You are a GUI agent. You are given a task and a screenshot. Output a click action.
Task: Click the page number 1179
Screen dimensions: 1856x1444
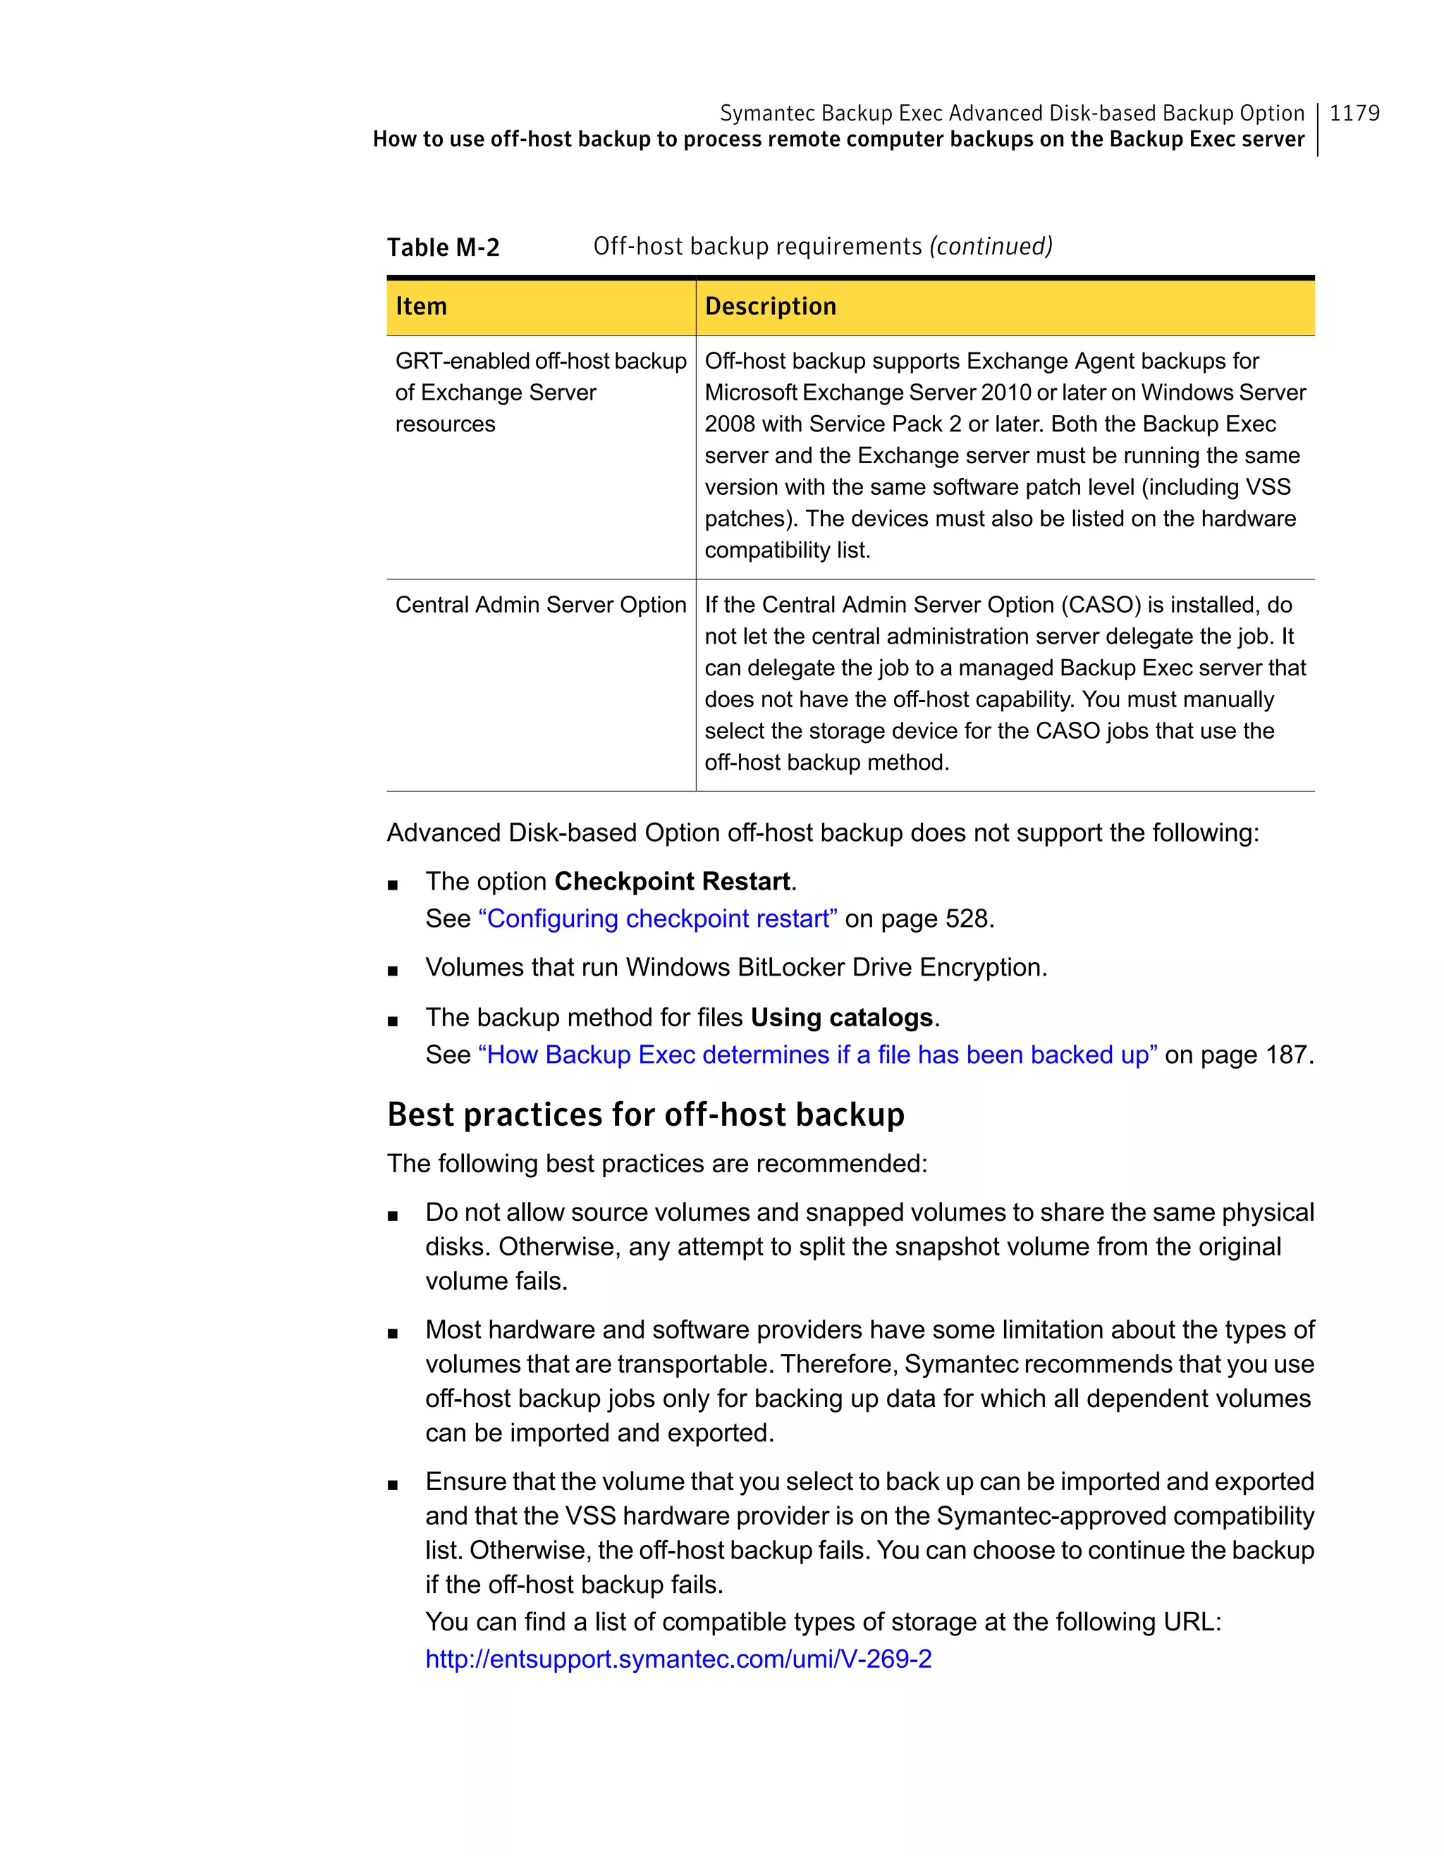1354,113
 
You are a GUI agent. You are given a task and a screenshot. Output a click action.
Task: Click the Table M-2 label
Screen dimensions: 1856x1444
443,247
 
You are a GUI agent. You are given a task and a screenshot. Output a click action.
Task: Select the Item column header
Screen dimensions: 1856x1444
422,306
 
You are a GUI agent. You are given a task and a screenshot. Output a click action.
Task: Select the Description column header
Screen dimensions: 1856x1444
770,306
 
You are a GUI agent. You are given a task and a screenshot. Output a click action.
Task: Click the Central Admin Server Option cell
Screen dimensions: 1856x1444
541,605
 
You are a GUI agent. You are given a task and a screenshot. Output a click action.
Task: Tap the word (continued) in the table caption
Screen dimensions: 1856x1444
991,247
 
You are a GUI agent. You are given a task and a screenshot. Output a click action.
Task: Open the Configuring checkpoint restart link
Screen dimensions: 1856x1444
658,918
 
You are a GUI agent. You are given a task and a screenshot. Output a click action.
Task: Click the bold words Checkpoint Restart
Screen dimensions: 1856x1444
672,881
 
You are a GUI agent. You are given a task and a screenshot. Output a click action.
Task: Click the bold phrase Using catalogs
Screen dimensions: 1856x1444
841,1017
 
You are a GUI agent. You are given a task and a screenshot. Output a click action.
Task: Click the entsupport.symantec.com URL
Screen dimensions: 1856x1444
678,1659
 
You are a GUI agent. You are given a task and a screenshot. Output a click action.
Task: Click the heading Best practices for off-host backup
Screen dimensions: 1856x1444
646,1114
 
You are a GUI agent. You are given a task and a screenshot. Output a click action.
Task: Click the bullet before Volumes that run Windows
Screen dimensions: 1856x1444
393,971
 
